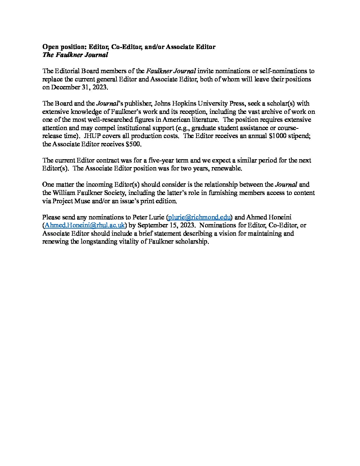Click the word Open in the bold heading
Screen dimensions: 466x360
pyautogui.click(x=50, y=47)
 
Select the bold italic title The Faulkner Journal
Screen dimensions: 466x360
pyautogui.click(x=75, y=55)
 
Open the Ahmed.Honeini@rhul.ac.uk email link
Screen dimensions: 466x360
pyautogui.click(x=85, y=225)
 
